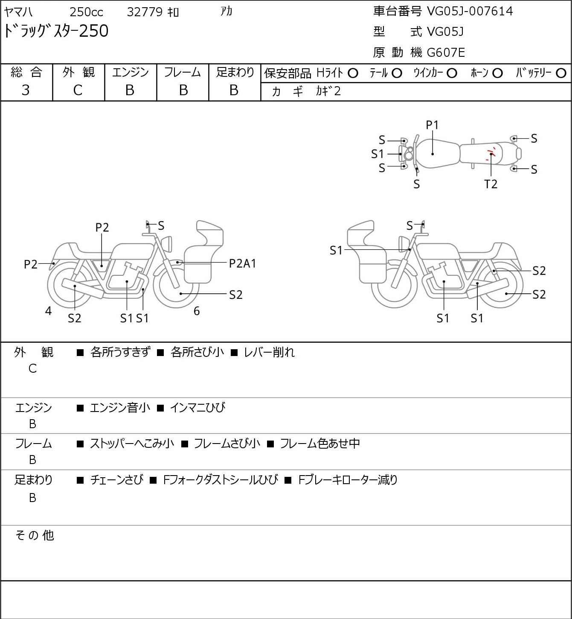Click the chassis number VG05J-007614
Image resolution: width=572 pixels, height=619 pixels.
(x=470, y=12)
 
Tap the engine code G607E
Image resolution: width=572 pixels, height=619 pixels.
(x=446, y=53)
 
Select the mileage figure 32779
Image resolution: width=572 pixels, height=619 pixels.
(x=145, y=12)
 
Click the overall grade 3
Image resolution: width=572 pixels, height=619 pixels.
(x=26, y=91)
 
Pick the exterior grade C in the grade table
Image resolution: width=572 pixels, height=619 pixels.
(x=78, y=91)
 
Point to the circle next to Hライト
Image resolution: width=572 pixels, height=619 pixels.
(x=353, y=73)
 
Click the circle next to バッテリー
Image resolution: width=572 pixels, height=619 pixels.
(x=561, y=73)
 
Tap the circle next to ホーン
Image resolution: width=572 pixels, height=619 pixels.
(x=497, y=73)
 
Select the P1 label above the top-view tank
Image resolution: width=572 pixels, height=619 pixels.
(x=432, y=126)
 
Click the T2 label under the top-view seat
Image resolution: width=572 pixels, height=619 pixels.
(x=491, y=184)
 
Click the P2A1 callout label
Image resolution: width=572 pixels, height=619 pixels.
(x=242, y=264)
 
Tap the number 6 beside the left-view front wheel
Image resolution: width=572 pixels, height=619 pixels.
(x=197, y=311)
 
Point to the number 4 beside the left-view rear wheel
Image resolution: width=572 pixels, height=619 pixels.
(x=48, y=311)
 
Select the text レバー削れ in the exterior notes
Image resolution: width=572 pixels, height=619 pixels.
(x=269, y=352)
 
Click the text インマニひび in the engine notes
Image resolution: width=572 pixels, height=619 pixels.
(x=197, y=407)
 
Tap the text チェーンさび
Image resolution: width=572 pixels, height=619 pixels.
(x=117, y=480)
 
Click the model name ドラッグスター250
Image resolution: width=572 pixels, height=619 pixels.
(x=56, y=31)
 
